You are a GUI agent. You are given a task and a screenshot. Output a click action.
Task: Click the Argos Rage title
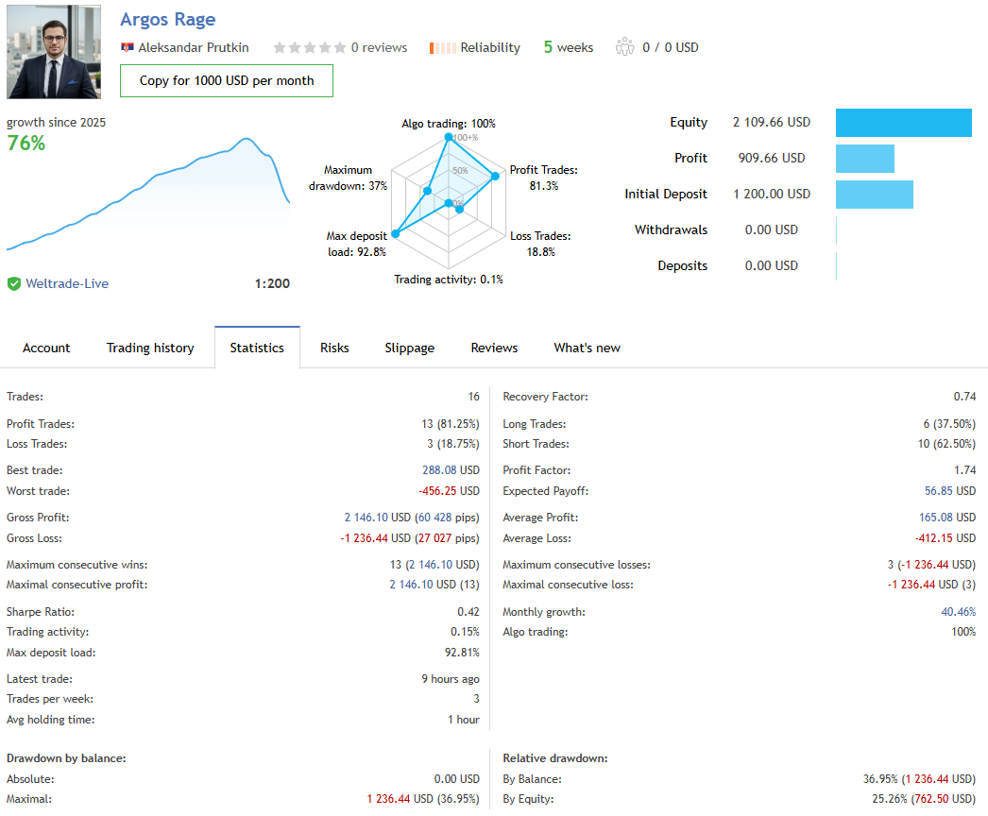pyautogui.click(x=168, y=20)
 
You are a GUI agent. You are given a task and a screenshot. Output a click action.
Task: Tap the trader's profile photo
pyautogui.click(x=54, y=52)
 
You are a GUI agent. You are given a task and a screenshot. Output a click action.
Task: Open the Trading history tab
pyautogui.click(x=150, y=348)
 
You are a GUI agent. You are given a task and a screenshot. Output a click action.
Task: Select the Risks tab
pyautogui.click(x=334, y=348)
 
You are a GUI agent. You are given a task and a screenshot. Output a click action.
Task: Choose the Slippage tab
pyautogui.click(x=410, y=348)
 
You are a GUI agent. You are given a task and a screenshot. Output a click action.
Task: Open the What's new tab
pyautogui.click(x=587, y=348)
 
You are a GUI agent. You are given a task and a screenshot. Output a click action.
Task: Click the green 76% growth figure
pyautogui.click(x=26, y=144)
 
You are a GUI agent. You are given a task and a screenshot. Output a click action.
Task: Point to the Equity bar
pyautogui.click(x=903, y=123)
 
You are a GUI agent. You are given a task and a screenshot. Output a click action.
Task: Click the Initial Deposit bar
pyautogui.click(x=874, y=195)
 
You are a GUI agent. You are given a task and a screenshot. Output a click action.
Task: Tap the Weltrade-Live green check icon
pyautogui.click(x=14, y=283)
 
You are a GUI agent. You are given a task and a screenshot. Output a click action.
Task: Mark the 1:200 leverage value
pyautogui.click(x=272, y=283)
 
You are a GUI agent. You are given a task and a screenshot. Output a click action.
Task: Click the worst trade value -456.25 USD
pyautogui.click(x=449, y=491)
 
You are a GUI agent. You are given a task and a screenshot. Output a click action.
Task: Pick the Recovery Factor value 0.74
pyautogui.click(x=964, y=397)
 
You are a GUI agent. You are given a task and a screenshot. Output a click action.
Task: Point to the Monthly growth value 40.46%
pyautogui.click(x=957, y=612)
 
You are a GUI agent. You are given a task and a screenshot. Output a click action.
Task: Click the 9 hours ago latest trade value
pyautogui.click(x=451, y=679)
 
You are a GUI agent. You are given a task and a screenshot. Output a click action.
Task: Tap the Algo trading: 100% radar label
pyautogui.click(x=449, y=124)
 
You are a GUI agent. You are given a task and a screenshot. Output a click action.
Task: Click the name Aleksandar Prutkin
pyautogui.click(x=194, y=47)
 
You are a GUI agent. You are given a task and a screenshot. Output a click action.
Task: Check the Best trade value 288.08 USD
pyautogui.click(x=451, y=470)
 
